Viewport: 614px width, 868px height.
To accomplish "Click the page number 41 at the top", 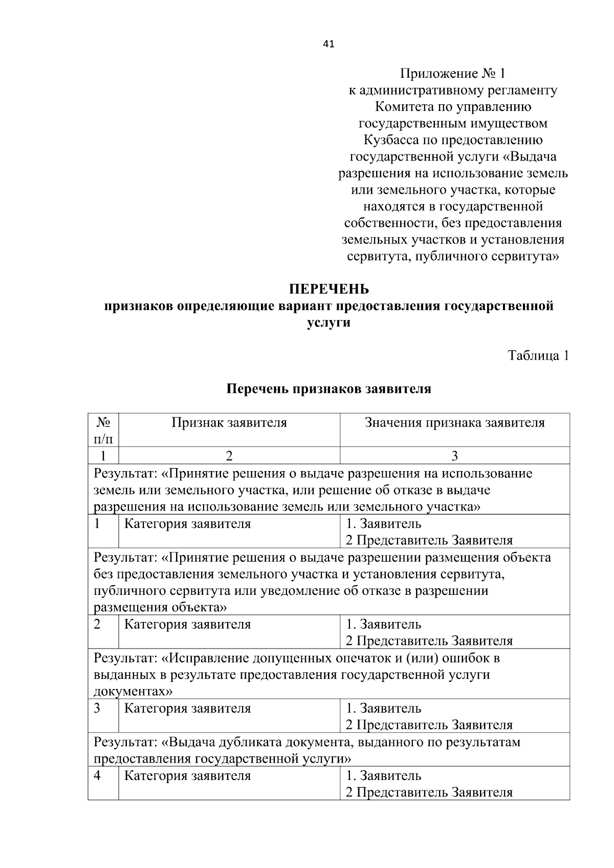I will click(x=328, y=44).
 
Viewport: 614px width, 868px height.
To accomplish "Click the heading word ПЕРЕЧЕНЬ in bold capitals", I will click(x=328, y=290).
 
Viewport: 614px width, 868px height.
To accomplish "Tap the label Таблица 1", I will click(x=538, y=355).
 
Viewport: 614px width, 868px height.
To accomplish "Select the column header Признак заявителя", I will click(x=229, y=422).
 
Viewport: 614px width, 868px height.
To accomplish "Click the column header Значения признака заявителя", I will click(x=454, y=422).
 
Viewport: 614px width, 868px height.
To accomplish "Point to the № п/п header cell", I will click(x=103, y=430).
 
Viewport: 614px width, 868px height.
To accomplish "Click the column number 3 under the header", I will click(x=454, y=456).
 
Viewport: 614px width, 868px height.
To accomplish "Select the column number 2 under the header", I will click(x=229, y=456).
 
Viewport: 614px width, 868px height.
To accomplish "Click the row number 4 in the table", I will click(x=97, y=775).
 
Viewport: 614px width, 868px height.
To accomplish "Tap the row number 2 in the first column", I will click(x=97, y=624).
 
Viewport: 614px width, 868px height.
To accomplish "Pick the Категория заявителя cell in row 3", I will click(x=188, y=708).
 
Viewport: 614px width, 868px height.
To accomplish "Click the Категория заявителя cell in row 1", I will click(x=188, y=524).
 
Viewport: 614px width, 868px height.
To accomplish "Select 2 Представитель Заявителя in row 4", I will click(x=429, y=792).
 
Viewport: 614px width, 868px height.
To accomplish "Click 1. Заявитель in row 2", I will click(x=384, y=624).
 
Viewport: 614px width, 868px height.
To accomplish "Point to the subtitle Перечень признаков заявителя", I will click(x=328, y=389).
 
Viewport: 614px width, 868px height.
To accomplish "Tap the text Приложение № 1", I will click(x=452, y=74).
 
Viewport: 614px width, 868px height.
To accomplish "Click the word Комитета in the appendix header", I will click(x=402, y=107).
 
